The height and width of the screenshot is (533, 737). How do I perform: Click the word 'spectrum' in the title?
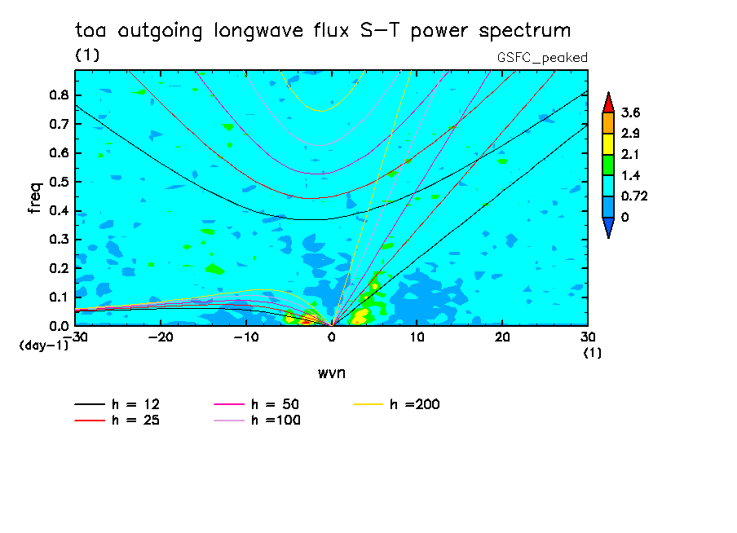pos(525,32)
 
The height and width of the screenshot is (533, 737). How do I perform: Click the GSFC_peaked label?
pos(542,57)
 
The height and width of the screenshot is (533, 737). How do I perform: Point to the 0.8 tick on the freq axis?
pos(58,95)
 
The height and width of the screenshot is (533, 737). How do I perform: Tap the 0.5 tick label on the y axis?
pos(58,182)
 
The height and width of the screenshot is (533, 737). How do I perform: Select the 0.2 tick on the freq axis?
pos(58,269)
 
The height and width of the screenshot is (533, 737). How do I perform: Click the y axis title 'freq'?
pos(35,198)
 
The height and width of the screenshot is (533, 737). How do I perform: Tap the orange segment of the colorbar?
pos(607,122)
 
